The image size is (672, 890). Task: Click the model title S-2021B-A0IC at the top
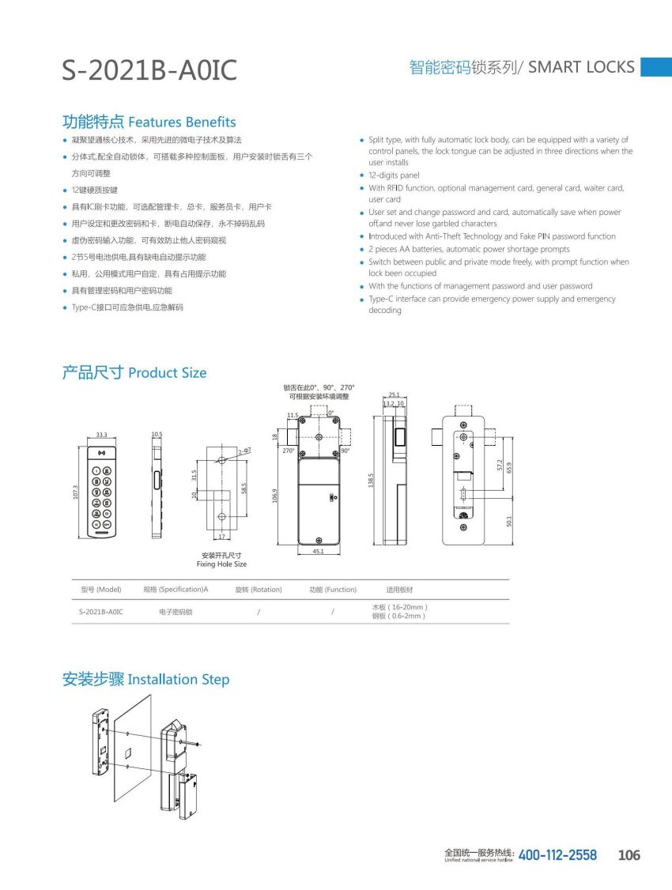(x=149, y=70)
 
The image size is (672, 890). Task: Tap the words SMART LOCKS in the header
(x=581, y=67)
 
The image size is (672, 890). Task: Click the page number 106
(x=629, y=855)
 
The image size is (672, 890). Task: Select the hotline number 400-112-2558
(x=557, y=855)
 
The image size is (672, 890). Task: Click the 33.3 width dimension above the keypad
(x=101, y=435)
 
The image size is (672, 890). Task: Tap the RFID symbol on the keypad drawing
(x=101, y=454)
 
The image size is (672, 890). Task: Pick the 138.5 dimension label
(x=371, y=481)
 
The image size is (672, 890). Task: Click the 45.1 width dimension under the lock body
(x=317, y=552)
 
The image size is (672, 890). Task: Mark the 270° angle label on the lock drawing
(x=289, y=451)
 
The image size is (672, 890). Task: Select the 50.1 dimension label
(x=510, y=522)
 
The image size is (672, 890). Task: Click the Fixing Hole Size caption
(x=221, y=564)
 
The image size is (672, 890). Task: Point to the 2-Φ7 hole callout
(x=244, y=451)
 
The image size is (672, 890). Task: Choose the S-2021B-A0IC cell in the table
(x=101, y=612)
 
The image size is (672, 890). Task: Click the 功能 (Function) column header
(x=333, y=590)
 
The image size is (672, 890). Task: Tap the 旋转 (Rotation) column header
(x=259, y=590)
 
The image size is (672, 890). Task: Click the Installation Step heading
(x=178, y=680)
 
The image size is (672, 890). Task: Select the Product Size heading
(x=167, y=373)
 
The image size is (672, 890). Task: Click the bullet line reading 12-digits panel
(x=394, y=175)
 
